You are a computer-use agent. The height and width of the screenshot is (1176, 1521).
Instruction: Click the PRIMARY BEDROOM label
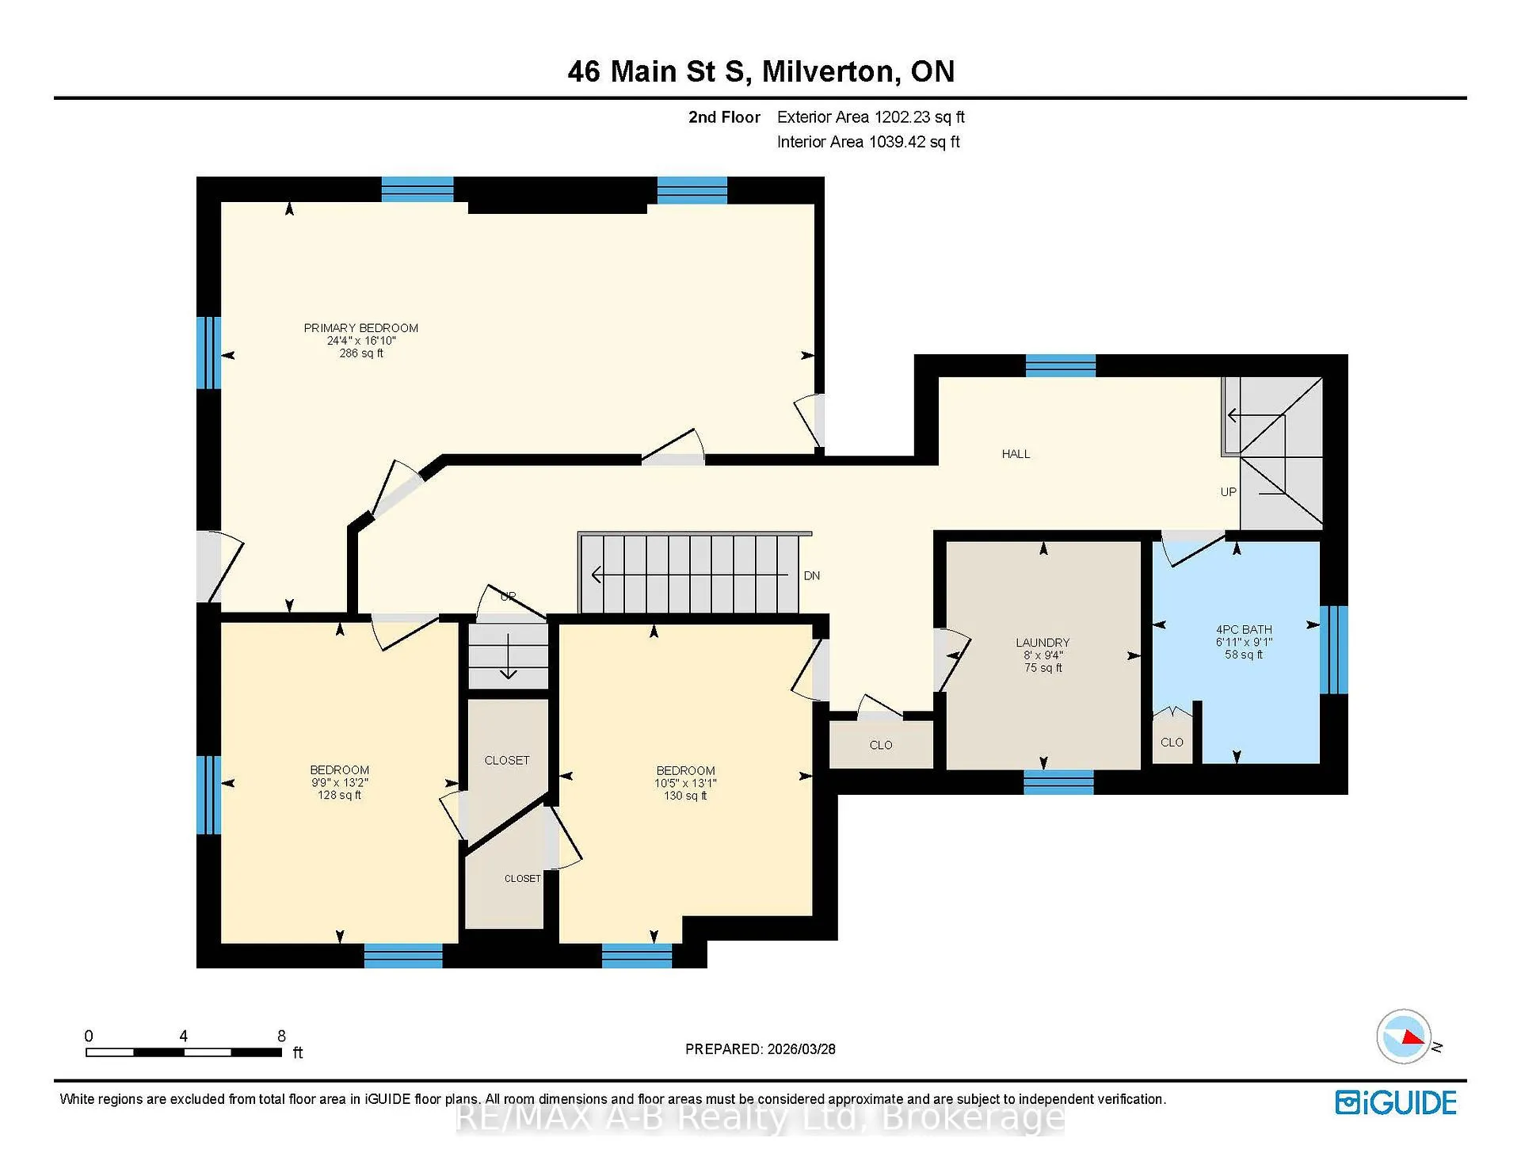(361, 328)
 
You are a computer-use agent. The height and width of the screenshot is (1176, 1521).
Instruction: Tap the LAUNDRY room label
(1043, 643)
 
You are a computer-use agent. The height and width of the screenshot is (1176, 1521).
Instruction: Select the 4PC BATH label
(1244, 630)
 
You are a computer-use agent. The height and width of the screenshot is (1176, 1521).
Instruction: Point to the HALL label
(1016, 454)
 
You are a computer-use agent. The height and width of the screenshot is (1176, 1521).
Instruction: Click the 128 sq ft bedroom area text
(339, 795)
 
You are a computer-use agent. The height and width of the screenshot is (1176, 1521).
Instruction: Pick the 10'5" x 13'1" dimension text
(685, 783)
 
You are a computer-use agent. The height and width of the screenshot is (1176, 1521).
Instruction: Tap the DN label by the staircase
(812, 576)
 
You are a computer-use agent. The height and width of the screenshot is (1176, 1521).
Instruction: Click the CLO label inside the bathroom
(1172, 743)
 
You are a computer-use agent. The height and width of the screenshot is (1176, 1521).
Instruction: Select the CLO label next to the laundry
(881, 745)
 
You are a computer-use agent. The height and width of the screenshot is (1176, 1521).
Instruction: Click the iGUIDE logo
(1396, 1102)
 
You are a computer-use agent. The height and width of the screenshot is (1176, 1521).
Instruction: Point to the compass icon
(1405, 1037)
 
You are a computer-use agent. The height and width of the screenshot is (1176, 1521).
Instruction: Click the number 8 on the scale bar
(281, 1036)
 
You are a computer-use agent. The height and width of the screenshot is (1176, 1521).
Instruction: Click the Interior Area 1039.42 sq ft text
(868, 142)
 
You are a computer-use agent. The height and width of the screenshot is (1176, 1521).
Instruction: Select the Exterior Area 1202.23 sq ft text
(871, 117)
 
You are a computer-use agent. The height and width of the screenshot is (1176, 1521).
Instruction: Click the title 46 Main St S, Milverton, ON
(761, 71)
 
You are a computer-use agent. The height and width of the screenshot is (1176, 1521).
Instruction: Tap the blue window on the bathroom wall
(1334, 650)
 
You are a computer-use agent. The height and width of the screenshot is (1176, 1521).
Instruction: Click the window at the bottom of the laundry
(1058, 782)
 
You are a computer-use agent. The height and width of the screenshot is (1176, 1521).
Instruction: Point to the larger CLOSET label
(507, 761)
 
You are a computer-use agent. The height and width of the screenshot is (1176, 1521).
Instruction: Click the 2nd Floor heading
(724, 117)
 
